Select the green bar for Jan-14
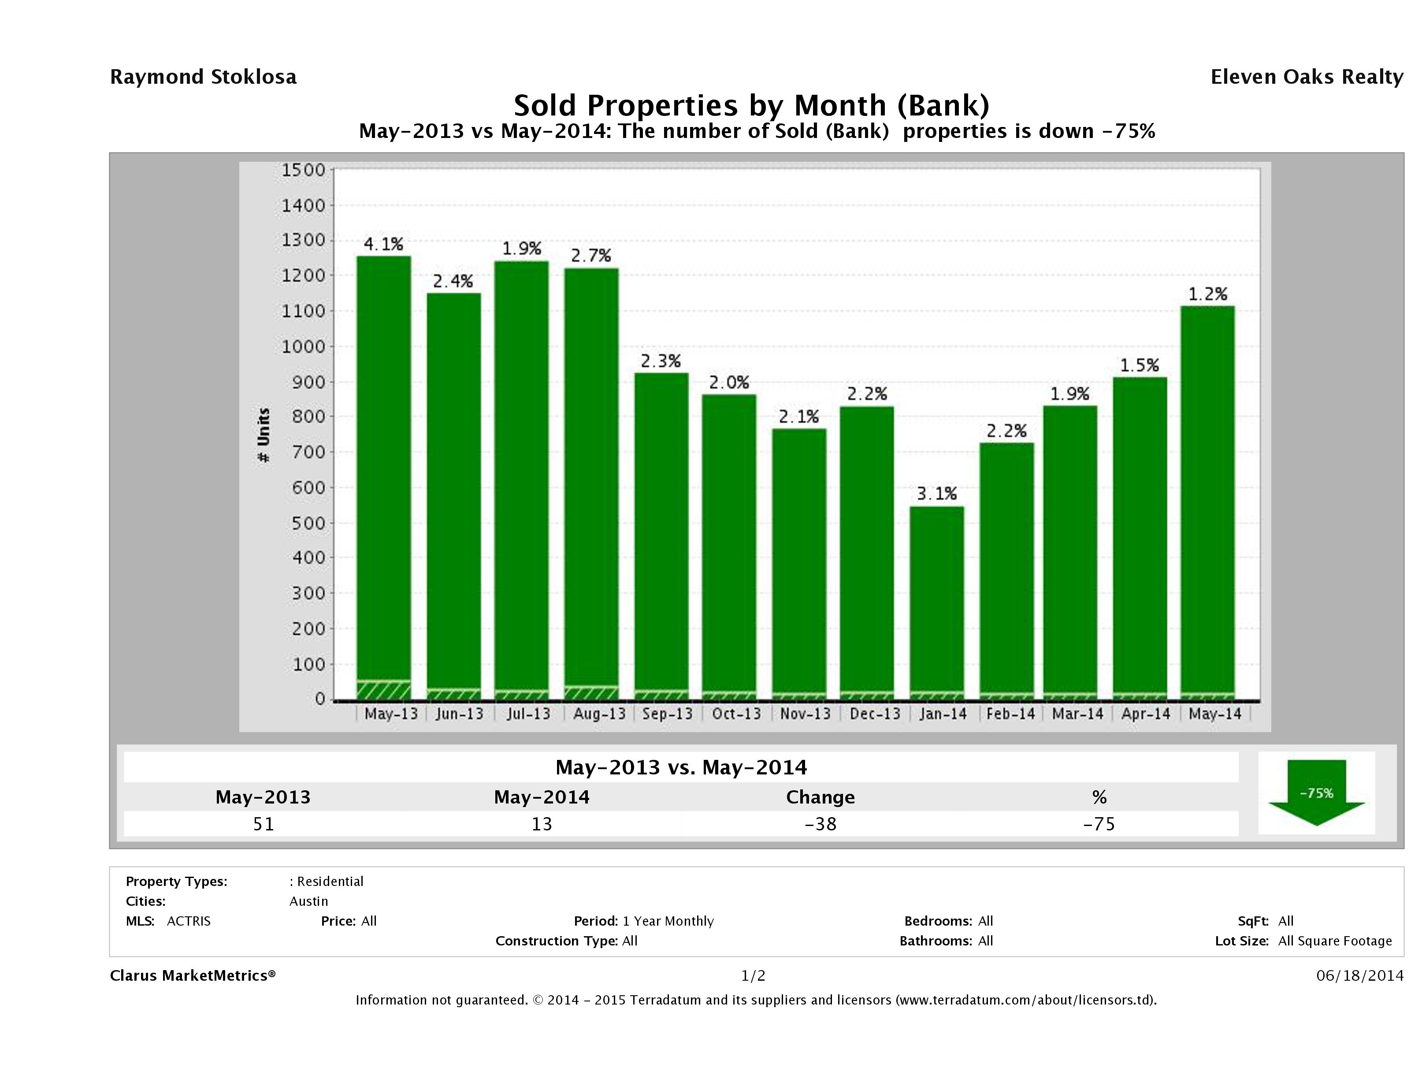(937, 601)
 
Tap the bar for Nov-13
(798, 563)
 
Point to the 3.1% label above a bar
(937, 494)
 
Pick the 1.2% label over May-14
(1207, 294)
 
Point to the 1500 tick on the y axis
(304, 171)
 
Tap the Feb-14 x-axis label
(1010, 714)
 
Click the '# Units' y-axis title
(264, 435)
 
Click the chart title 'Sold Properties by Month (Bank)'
(751, 105)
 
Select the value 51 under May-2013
(264, 824)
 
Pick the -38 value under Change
(821, 824)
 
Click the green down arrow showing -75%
(1316, 793)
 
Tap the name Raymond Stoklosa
(203, 77)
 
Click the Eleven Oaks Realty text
(1306, 77)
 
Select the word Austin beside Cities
(308, 901)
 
